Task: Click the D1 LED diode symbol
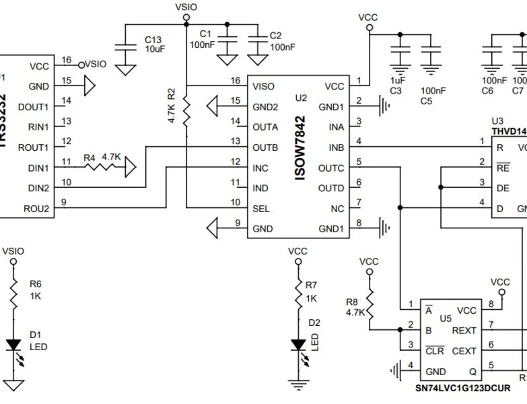point(13,345)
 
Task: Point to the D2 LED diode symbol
point(297,345)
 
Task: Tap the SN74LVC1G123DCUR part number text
point(461,389)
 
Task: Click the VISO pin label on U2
point(264,87)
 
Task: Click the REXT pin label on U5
point(464,331)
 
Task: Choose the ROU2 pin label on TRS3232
point(36,209)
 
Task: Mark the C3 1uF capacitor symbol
point(400,50)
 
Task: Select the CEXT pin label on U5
point(464,351)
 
